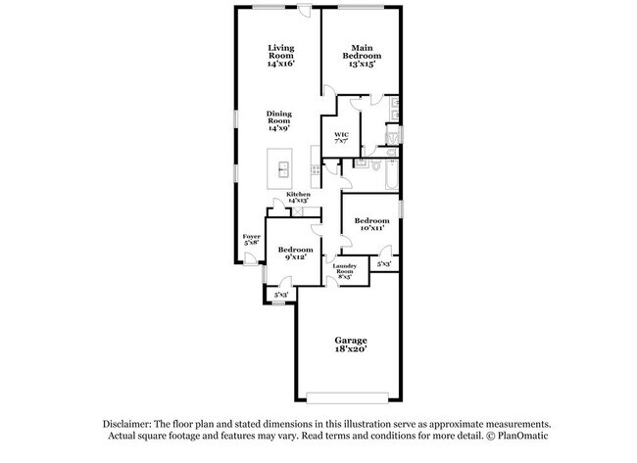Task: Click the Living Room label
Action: pyautogui.click(x=281, y=57)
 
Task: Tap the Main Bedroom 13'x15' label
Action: pyautogui.click(x=362, y=57)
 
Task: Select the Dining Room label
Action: pyautogui.click(x=279, y=120)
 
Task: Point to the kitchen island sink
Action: pyautogui.click(x=282, y=169)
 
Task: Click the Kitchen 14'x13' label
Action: pyautogui.click(x=298, y=197)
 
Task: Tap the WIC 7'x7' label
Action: pyautogui.click(x=341, y=137)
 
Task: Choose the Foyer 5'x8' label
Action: pyautogui.click(x=252, y=239)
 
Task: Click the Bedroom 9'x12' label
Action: pyautogui.click(x=292, y=253)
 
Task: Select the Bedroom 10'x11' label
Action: pyautogui.click(x=370, y=224)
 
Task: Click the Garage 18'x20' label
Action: pyautogui.click(x=350, y=344)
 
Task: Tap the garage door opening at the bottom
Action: pyautogui.click(x=348, y=396)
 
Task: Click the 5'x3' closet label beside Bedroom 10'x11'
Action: pyautogui.click(x=384, y=264)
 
